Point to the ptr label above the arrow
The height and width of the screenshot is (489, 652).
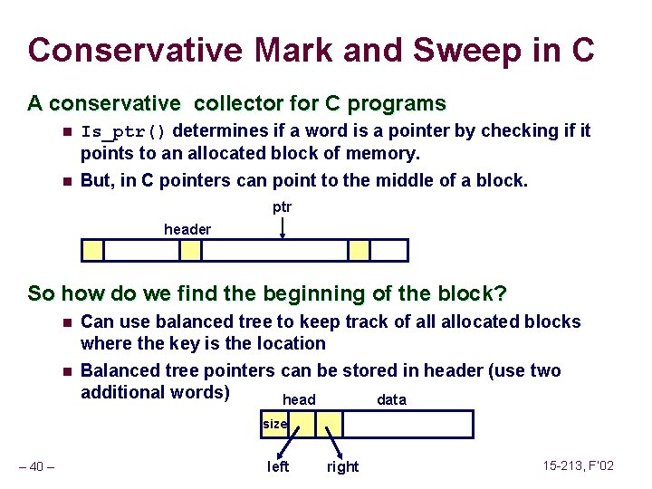(283, 207)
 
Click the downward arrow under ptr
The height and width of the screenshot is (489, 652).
(283, 227)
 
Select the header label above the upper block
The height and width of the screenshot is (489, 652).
(187, 230)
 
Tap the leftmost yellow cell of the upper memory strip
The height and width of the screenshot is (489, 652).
(93, 250)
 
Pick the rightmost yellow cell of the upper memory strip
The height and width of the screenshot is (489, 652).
(360, 250)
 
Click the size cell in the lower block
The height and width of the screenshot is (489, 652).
(275, 424)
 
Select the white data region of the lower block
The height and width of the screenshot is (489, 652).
(407, 424)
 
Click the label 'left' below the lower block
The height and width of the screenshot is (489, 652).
(278, 466)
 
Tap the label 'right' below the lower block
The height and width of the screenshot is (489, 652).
(342, 466)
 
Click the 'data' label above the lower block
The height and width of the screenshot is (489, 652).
(391, 399)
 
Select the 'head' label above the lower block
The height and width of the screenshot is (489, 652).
(299, 399)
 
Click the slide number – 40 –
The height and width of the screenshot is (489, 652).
(38, 465)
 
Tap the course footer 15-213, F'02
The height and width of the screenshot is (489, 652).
(578, 465)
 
